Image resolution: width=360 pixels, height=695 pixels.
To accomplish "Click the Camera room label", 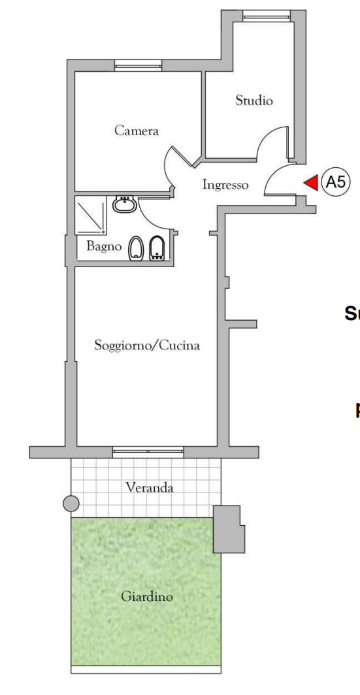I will [137, 131].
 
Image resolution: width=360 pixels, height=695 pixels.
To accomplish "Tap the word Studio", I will [254, 101].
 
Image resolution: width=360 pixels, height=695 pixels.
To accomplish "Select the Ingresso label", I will [225, 185].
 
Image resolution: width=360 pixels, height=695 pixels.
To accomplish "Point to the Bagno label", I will [105, 247].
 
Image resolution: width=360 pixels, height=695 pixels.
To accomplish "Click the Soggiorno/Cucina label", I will [146, 345].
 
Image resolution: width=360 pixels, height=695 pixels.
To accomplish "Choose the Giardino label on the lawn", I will [147, 596].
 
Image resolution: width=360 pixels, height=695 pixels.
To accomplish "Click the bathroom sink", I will [124, 205].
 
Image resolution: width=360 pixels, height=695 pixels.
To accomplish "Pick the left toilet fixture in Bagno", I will [137, 249].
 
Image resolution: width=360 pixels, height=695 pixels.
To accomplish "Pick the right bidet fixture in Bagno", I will [157, 248].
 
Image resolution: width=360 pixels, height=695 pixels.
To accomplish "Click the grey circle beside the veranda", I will [71, 503].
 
